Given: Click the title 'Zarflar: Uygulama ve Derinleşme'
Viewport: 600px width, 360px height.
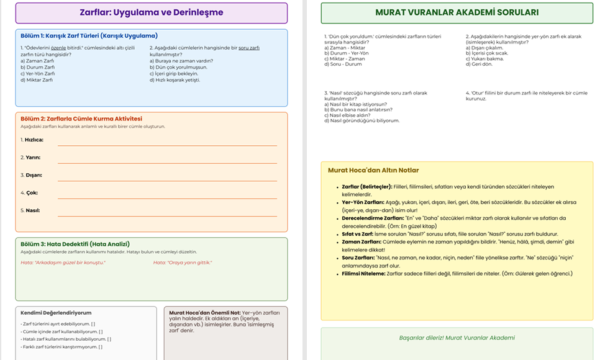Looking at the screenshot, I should pos(152,12).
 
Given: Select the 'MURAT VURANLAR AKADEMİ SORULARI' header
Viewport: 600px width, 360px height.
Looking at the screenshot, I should pos(457,12).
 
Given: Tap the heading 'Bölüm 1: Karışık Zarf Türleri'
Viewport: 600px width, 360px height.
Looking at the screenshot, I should pos(89,36).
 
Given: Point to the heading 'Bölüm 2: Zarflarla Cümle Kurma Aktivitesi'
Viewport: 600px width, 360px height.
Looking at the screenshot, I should pos(81,119).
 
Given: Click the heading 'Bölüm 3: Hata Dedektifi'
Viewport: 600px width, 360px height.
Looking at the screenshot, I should pos(75,244).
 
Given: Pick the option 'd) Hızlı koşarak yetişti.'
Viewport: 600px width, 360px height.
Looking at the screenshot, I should pos(175,79).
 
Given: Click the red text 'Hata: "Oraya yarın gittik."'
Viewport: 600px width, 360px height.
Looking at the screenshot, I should pos(183,263).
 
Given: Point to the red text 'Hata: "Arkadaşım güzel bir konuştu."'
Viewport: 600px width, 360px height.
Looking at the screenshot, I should pos(63,263).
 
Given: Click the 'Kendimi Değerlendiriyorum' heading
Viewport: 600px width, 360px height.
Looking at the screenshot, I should pos(56,313).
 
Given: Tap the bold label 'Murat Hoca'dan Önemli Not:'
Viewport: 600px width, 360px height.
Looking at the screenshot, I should pos(204,313).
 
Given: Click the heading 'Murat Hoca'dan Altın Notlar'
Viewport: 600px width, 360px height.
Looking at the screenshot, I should pos(373,170).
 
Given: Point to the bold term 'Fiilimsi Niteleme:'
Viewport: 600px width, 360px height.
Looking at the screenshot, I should pos(363,273).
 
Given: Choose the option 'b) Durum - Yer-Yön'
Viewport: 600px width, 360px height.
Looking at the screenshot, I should pos(346,53).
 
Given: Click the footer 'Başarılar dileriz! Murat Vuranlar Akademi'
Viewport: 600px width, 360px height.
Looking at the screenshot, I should pos(457,338).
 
